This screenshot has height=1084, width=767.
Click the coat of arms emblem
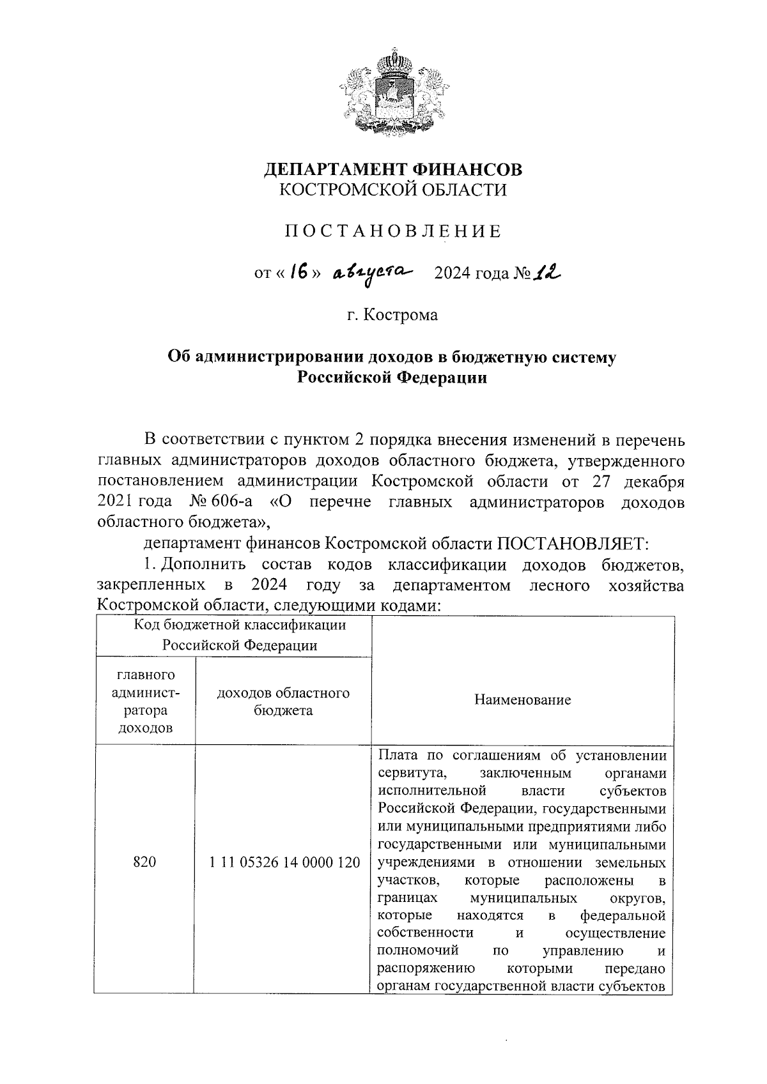click(391, 94)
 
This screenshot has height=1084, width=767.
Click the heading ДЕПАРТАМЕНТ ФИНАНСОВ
click(394, 169)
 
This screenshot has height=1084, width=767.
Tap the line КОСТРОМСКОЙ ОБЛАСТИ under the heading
click(394, 190)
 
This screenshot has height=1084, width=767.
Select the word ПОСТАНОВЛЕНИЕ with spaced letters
click(392, 231)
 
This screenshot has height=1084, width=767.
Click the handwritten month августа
click(373, 273)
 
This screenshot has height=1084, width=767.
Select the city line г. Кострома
click(392, 315)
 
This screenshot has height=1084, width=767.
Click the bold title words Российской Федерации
click(392, 378)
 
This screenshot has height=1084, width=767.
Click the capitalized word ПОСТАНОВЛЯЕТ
click(573, 544)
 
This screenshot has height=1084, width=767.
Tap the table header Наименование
click(522, 700)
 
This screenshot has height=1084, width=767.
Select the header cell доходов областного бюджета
click(283, 701)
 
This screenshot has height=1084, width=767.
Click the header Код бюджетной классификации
click(240, 625)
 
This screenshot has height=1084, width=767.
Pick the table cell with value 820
click(144, 862)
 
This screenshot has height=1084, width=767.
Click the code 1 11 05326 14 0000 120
click(284, 862)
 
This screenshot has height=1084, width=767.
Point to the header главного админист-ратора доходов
click(145, 701)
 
